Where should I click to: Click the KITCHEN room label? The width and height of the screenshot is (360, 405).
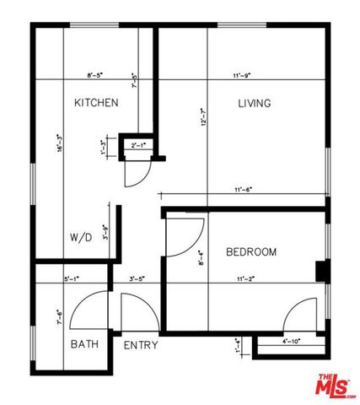(x=95, y=103)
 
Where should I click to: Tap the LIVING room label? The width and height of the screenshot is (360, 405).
(x=254, y=104)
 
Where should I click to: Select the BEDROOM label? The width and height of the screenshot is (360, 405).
(x=251, y=252)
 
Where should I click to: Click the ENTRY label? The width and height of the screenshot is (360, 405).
(x=141, y=345)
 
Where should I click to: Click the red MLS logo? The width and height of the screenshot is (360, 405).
(x=335, y=386)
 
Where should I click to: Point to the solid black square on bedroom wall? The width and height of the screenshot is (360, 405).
(x=320, y=270)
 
